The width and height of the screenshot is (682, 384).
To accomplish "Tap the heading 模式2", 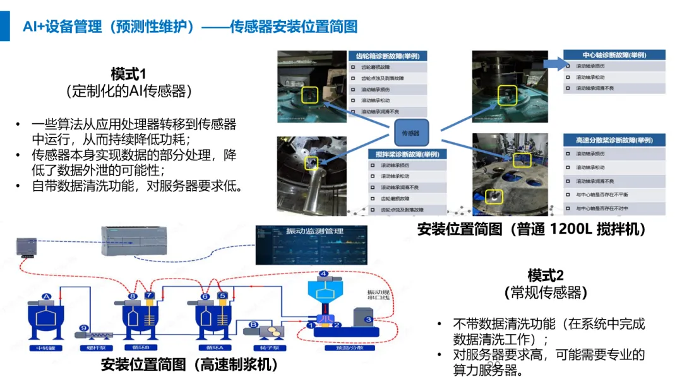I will (546, 275).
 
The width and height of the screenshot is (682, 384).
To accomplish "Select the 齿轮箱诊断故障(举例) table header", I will (388, 56).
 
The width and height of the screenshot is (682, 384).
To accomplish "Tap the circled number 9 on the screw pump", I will (84, 328).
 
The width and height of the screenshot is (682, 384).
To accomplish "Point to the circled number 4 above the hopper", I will (323, 274).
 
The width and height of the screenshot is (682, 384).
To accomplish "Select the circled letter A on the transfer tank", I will (45, 296).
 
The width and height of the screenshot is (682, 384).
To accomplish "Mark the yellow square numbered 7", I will (149, 296).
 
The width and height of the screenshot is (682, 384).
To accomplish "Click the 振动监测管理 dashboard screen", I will (311, 243).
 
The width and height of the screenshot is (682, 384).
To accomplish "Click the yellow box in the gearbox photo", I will (310, 95).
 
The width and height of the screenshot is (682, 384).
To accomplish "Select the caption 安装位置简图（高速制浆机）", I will (189, 364).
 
